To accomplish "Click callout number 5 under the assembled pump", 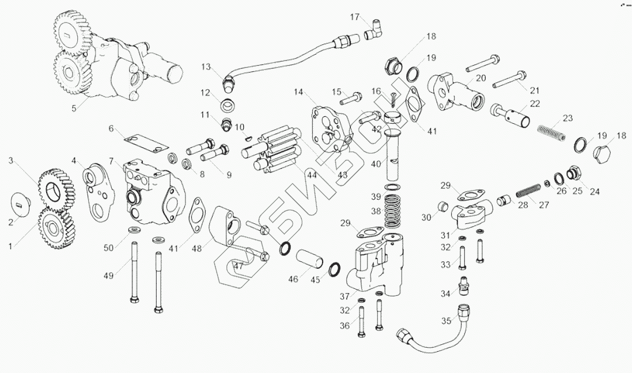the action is [x=74, y=108].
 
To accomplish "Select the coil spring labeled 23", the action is [x=552, y=132].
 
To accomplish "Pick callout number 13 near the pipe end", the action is [x=206, y=66].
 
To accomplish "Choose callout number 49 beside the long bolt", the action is [x=108, y=276].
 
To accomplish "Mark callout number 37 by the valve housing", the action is [x=344, y=296].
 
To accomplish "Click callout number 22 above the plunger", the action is [x=535, y=104].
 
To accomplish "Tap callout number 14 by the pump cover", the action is [x=298, y=92].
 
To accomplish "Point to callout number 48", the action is [x=196, y=249].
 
